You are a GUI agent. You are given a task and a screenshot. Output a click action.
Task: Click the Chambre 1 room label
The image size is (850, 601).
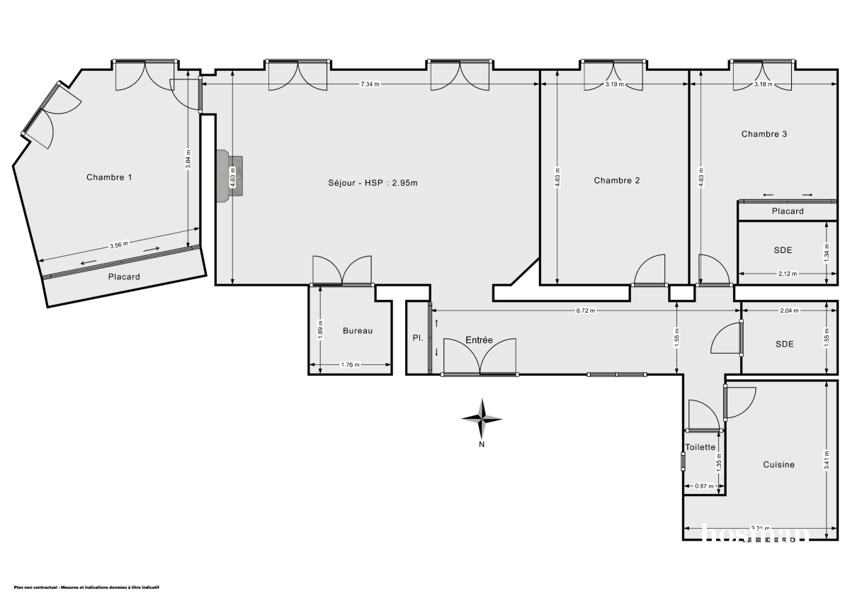point(109,177)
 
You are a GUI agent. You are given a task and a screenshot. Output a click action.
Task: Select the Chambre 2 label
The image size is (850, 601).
point(616,181)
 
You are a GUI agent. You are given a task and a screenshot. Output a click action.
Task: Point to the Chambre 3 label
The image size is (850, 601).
point(764,134)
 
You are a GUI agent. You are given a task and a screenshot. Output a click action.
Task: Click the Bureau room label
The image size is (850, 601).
point(357,331)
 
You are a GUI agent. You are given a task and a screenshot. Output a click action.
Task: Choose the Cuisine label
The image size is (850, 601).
point(778,465)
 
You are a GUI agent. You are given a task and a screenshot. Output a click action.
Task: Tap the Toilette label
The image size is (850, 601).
point(701,447)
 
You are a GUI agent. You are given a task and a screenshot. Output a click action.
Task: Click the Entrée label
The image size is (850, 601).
point(479,340)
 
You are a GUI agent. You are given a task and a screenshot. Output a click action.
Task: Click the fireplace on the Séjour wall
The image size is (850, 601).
point(230,175)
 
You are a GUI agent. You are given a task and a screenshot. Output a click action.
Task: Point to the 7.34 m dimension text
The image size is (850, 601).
point(370,84)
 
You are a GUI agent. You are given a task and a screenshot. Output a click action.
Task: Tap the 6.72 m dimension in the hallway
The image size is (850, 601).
point(585,310)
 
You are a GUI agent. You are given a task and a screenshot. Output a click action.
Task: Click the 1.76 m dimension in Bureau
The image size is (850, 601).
point(351,366)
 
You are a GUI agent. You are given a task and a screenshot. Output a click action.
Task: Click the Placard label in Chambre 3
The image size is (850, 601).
point(788,211)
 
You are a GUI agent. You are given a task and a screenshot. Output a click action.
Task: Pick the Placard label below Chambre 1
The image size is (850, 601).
point(124,277)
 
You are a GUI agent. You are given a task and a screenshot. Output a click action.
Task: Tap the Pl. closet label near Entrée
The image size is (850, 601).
point(418,338)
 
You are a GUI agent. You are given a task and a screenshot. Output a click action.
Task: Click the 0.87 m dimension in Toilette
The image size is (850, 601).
point(704,486)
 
